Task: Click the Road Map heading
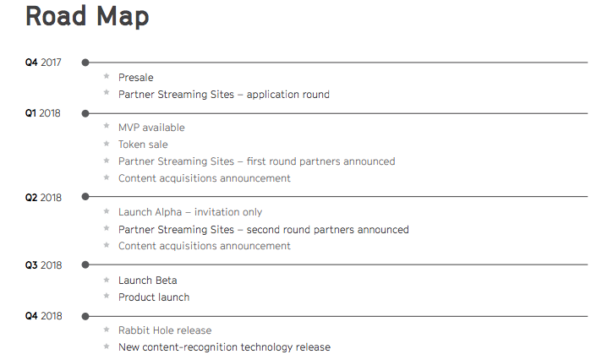(87, 17)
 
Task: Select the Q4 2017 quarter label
(43, 63)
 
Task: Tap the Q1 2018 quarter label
(43, 113)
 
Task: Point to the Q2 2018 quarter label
(43, 198)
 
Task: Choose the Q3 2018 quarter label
(44, 265)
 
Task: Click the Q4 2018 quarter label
(44, 316)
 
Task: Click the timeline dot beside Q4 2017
(85, 63)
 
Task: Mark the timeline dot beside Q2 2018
(85, 197)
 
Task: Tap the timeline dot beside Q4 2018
(85, 316)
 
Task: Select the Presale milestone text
(135, 78)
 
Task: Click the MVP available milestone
(151, 128)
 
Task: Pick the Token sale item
(143, 145)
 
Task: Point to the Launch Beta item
(148, 281)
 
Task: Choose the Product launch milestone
(154, 297)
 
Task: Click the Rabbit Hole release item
(165, 330)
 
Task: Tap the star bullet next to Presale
(107, 76)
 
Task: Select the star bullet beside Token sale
(107, 144)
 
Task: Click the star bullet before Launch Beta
(107, 280)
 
